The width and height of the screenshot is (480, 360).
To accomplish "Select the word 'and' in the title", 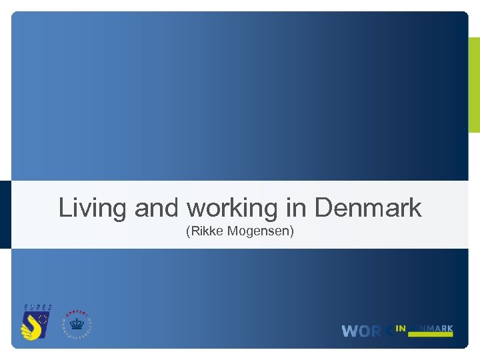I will point(157,208).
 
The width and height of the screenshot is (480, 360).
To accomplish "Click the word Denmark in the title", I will point(367,208).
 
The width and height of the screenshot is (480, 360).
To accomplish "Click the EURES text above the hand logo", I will point(38,308).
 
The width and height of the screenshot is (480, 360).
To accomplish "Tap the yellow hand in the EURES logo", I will point(31,326).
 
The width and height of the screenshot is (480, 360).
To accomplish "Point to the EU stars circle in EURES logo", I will point(43,320).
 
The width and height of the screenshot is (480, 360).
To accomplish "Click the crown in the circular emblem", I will point(77,327).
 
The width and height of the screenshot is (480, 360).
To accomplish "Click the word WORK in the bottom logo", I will point(367,331).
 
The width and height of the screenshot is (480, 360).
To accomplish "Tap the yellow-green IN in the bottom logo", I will point(401,328).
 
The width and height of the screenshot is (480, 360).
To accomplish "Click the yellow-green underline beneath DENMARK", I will point(431,335).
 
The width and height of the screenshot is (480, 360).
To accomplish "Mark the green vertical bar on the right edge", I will point(474,85).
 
